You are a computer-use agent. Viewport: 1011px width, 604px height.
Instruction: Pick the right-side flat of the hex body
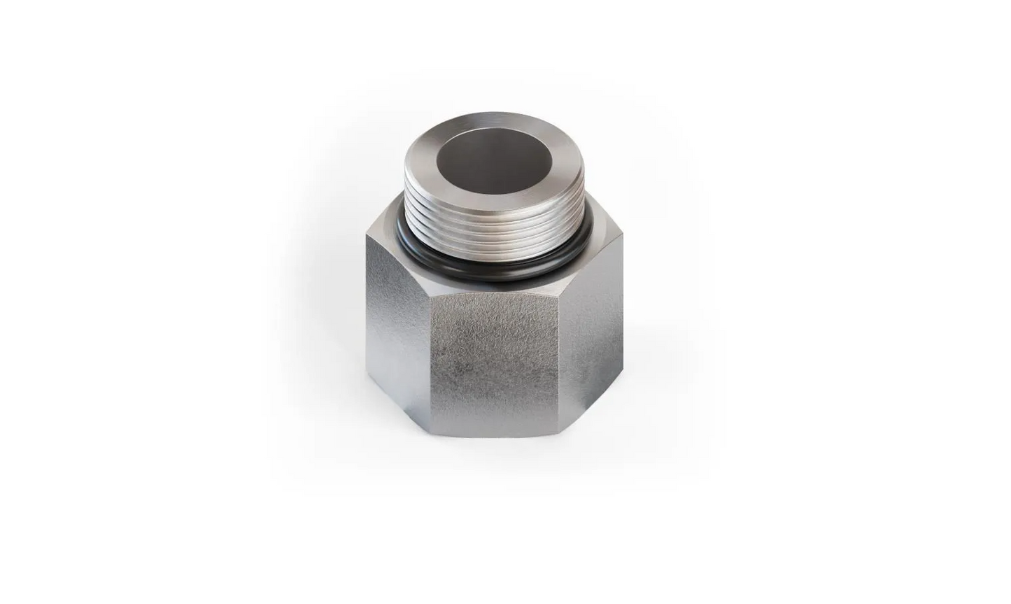click(x=595, y=329)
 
